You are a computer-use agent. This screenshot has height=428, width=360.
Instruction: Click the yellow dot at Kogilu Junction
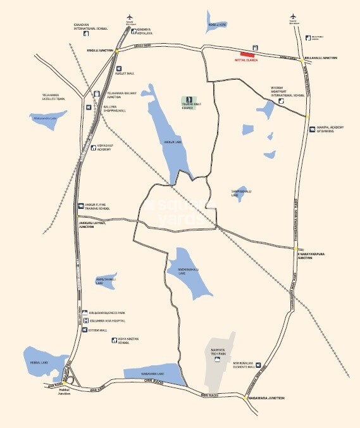117,49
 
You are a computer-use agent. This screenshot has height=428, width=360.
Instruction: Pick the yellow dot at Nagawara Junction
245,398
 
